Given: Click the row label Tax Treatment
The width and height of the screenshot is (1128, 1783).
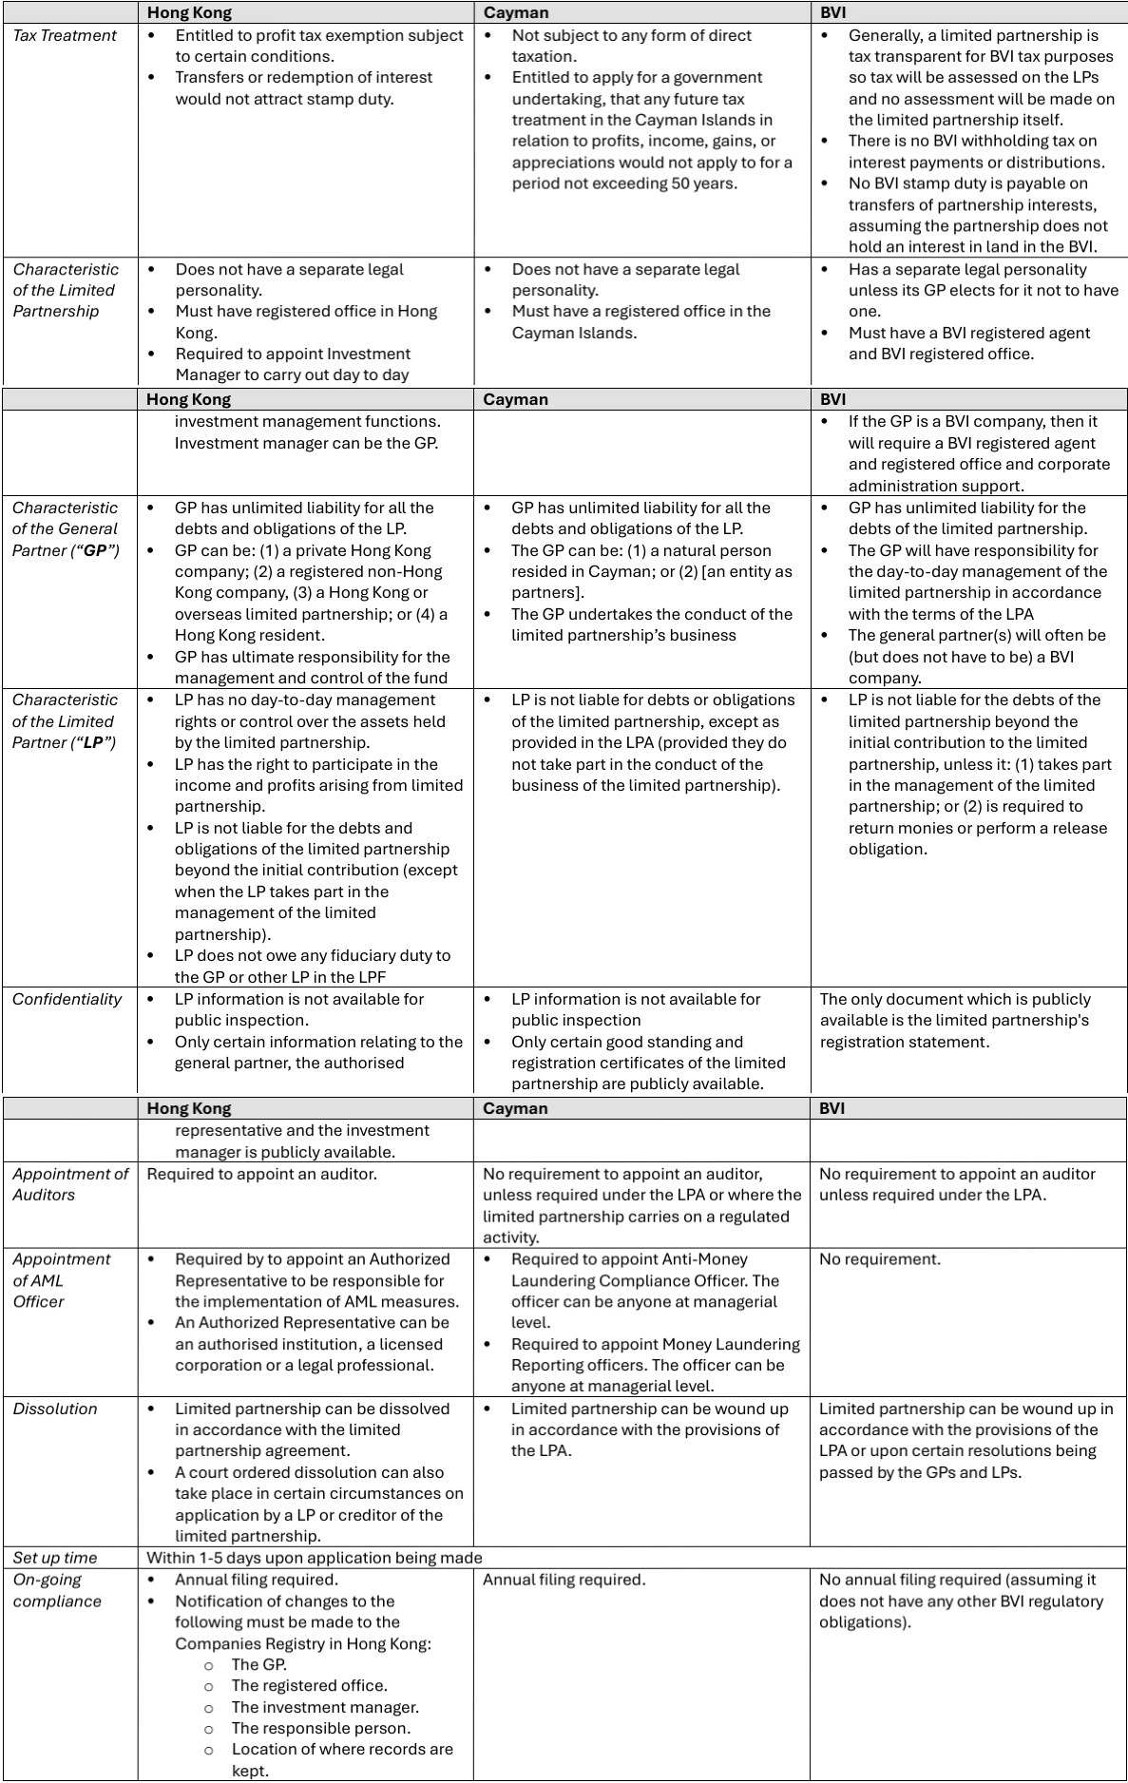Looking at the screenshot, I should (x=65, y=36).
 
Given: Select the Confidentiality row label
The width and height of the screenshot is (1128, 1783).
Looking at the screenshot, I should (x=67, y=999).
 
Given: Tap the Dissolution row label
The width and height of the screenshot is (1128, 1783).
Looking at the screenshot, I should (x=55, y=1409).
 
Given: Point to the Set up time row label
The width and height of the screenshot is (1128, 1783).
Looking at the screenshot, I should (x=55, y=1558).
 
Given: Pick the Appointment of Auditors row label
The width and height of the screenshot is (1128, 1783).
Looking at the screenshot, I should (x=70, y=1184).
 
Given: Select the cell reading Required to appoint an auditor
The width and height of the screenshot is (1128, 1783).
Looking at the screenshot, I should (x=261, y=1174).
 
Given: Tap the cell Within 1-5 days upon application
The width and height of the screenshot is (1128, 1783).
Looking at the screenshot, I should (x=315, y=1558).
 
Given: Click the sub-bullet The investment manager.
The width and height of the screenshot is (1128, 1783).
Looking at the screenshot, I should (x=325, y=1707).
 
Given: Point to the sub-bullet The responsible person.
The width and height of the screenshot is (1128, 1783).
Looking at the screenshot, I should (x=321, y=1728).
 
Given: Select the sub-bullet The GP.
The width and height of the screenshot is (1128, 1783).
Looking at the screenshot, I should (x=258, y=1664).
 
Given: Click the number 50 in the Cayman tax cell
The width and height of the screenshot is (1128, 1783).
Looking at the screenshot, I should (x=682, y=183).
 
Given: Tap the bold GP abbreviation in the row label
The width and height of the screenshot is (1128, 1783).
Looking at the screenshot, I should (x=98, y=550).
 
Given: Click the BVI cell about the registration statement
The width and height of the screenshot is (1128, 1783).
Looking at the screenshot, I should (x=955, y=1020).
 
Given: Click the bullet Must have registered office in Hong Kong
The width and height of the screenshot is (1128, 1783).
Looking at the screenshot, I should (x=305, y=322).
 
